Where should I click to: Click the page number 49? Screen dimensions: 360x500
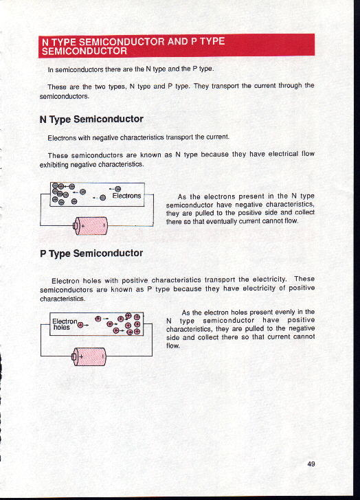(x=311, y=464)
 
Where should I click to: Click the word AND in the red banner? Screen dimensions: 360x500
(x=178, y=41)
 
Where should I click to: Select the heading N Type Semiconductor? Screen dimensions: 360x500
(x=91, y=120)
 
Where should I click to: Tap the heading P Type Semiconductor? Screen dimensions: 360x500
(x=91, y=253)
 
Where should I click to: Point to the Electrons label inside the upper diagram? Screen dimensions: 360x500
(x=126, y=196)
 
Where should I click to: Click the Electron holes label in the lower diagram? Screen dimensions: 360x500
(x=65, y=324)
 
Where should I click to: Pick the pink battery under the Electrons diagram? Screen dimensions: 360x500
(x=91, y=226)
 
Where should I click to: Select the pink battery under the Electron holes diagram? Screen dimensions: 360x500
(x=89, y=356)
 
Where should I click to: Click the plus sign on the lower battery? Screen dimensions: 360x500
(x=81, y=356)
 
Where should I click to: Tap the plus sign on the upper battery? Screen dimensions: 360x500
(x=83, y=226)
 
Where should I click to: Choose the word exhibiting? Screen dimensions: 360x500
(x=54, y=165)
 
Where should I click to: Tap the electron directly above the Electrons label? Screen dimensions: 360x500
(x=118, y=189)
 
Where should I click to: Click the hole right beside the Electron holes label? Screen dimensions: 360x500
(x=80, y=325)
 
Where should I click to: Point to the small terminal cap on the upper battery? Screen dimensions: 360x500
(x=76, y=226)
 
